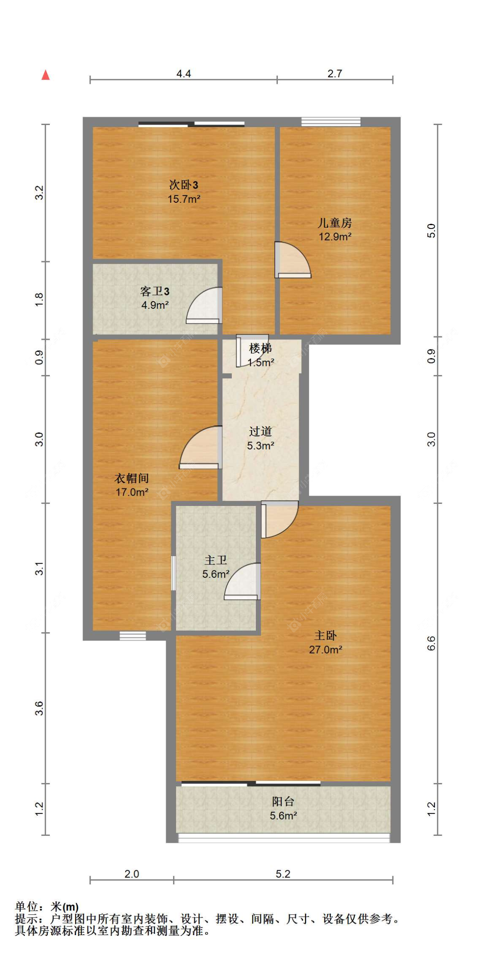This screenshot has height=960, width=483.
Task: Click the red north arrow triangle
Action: pos(46,75)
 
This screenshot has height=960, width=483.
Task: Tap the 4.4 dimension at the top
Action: pos(183,74)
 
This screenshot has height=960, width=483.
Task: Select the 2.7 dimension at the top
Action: pos(334,74)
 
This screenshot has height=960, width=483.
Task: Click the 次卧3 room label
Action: pos(183,185)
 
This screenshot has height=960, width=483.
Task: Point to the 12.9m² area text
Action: pos(335,237)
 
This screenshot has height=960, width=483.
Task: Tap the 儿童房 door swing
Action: pos(292,260)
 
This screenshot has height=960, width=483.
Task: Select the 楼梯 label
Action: pos(260,348)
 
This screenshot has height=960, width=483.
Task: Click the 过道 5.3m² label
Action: pos(260,439)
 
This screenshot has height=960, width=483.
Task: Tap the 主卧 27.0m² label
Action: pos(325,642)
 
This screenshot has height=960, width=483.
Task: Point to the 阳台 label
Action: pos(283,802)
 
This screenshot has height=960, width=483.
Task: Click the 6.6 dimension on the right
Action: pos(431,643)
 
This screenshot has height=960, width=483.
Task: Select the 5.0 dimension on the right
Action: pos(431,231)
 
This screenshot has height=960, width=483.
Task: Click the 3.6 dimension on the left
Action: pos(39,708)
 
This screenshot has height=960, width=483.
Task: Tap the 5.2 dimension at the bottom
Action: pos(283,874)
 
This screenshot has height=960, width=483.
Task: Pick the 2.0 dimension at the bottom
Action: pos(131,874)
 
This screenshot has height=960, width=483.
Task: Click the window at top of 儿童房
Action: pos(331,122)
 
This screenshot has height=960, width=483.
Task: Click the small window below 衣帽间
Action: pos(132,636)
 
